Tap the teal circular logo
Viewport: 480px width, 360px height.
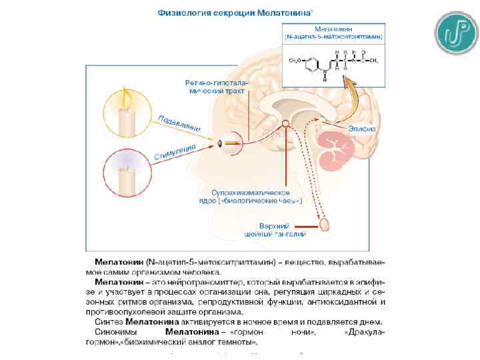tap(457, 33)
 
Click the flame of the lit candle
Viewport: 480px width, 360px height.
tap(125, 100)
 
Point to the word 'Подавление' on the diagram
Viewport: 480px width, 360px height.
tap(179, 123)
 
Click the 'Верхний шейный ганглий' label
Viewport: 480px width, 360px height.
tap(283, 230)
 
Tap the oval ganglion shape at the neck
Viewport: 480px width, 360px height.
tap(325, 225)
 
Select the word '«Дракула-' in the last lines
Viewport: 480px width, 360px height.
tap(365, 331)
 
